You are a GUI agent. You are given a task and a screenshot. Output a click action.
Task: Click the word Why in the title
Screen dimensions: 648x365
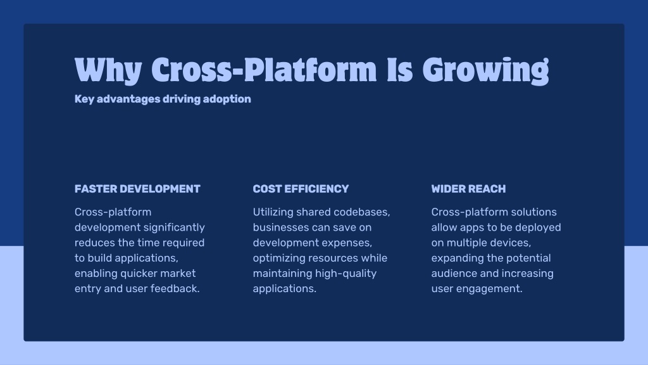[x=108, y=71]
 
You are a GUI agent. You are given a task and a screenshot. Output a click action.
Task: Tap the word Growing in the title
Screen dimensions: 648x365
[x=485, y=71]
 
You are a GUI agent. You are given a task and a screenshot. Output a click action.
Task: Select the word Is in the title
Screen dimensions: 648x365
[x=400, y=70]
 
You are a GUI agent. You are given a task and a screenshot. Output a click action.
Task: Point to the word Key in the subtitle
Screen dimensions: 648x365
[x=84, y=99]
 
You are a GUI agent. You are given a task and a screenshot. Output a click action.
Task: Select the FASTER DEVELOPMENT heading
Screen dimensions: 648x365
[x=137, y=189]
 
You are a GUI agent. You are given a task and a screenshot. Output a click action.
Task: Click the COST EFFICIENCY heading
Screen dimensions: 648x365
[x=301, y=189]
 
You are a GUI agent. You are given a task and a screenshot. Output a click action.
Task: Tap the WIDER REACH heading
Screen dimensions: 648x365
[x=468, y=189]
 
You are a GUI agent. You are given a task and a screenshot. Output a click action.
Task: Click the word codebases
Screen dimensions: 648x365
[x=361, y=212]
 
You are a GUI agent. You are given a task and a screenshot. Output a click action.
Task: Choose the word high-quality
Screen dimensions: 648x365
[x=346, y=274]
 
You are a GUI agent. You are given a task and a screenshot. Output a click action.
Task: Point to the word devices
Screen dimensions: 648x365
[x=511, y=243]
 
